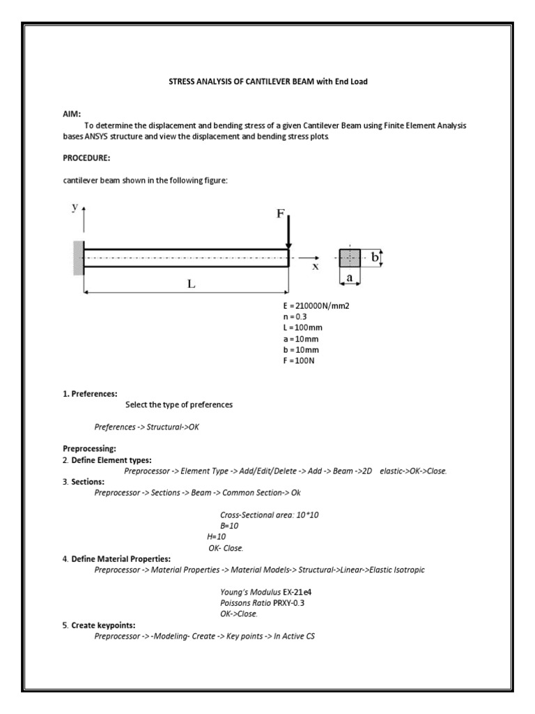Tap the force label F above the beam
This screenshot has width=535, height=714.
280,214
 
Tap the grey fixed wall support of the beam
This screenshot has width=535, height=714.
78,258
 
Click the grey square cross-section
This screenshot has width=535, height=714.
350,259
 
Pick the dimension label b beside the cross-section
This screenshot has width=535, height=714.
374,258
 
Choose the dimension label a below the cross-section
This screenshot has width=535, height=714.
350,278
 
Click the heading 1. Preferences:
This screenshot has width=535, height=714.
90,394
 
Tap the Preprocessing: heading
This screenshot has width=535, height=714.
89,449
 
